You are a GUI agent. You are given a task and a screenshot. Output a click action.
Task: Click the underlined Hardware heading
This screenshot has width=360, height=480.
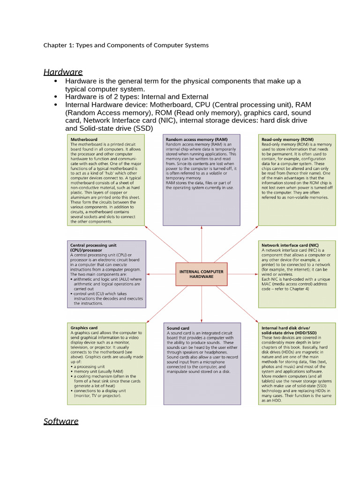point(63,72)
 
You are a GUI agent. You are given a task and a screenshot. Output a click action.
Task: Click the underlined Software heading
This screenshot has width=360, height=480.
point(61,421)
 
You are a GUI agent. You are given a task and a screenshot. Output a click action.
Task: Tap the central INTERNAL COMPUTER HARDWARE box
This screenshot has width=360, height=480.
point(202,274)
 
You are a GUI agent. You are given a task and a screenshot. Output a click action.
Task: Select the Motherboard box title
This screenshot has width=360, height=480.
point(84,139)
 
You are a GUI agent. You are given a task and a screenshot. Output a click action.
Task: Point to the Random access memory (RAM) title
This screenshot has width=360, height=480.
point(196,139)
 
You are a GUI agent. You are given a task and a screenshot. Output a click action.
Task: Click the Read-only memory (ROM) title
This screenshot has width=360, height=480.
point(287,139)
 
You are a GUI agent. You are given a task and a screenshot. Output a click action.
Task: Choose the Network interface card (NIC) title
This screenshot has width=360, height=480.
point(290,245)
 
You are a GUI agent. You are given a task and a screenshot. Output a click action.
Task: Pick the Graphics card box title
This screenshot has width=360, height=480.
point(84,328)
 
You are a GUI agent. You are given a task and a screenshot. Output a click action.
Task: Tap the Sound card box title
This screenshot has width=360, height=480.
point(178,328)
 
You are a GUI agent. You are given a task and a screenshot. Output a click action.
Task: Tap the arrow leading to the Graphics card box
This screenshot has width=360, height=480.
point(162,305)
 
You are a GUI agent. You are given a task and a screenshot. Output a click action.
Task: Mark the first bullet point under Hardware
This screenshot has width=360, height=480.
point(56,82)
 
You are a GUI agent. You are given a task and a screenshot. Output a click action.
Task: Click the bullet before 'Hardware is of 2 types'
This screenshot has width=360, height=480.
point(56,97)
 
